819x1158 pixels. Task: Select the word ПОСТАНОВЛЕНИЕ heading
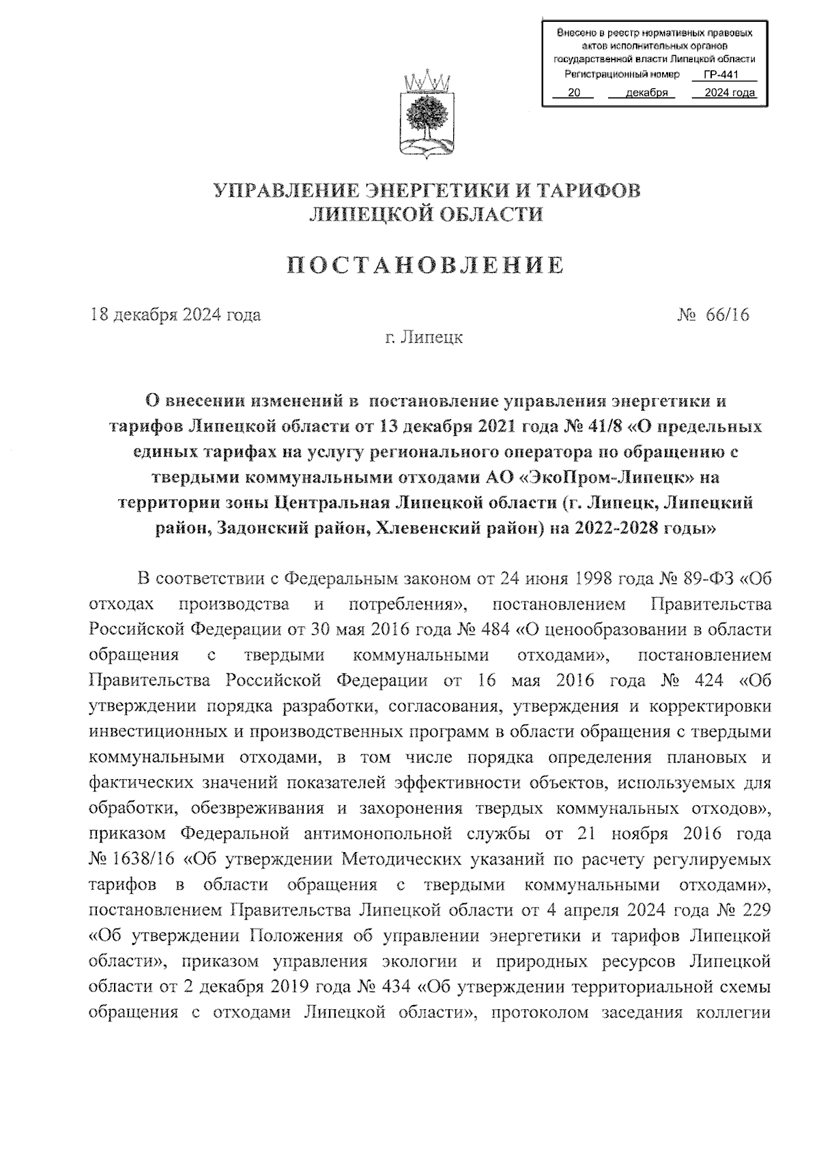[425, 266]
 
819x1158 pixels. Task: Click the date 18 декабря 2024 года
[175, 315]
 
